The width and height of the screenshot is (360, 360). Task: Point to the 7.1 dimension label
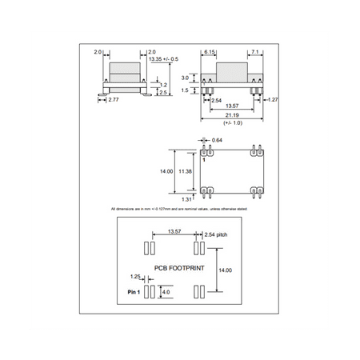click(x=256, y=52)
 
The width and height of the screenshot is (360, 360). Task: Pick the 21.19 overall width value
click(x=230, y=116)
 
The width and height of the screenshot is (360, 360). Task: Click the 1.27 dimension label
click(x=273, y=99)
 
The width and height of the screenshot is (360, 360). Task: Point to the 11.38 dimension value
click(x=186, y=170)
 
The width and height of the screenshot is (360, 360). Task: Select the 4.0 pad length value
click(x=166, y=293)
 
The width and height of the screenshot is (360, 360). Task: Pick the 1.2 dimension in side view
click(x=163, y=84)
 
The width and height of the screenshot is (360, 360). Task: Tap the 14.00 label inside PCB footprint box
click(x=225, y=270)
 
